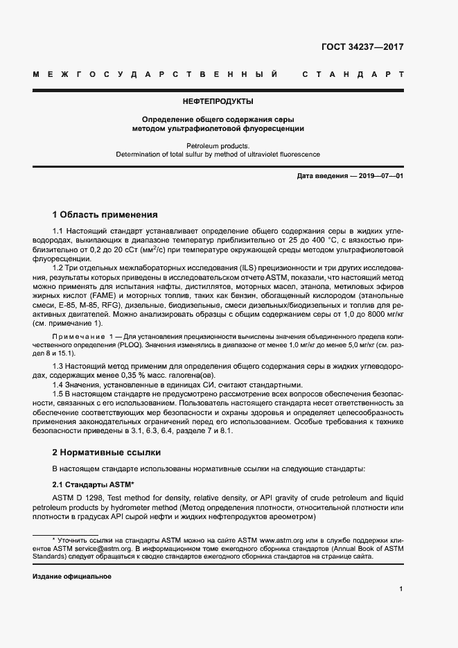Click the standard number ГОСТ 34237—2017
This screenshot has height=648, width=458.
click(x=362, y=48)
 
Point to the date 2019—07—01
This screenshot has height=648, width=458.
click(x=378, y=177)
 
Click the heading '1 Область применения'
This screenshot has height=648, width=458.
click(x=105, y=214)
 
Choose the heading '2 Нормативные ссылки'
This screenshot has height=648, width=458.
click(x=107, y=452)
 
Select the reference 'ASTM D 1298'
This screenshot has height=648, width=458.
click(x=79, y=497)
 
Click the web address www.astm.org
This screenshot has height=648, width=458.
click(x=279, y=538)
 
